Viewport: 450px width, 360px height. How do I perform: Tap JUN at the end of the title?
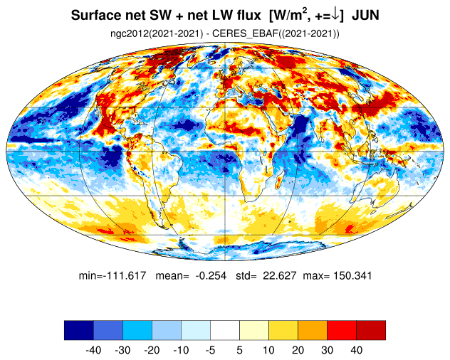point(365,15)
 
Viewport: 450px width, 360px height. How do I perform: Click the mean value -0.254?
point(211,275)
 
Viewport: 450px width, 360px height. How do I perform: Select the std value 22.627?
point(280,275)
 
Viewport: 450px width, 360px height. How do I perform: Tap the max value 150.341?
point(352,275)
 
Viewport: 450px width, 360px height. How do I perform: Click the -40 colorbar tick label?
point(93,350)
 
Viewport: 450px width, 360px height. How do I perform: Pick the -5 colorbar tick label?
point(210,350)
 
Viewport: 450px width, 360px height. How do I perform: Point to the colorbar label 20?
point(298,350)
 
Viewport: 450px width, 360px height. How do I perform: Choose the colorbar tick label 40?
point(356,350)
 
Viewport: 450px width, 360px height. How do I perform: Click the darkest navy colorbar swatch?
point(79,330)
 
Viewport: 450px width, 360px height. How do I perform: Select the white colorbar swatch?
point(225,330)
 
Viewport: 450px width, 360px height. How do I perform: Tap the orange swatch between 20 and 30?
point(313,330)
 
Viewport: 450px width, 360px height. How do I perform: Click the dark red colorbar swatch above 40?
point(371,330)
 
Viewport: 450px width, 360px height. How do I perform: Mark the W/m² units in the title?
point(288,15)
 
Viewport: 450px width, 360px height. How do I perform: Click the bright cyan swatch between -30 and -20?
point(137,330)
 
